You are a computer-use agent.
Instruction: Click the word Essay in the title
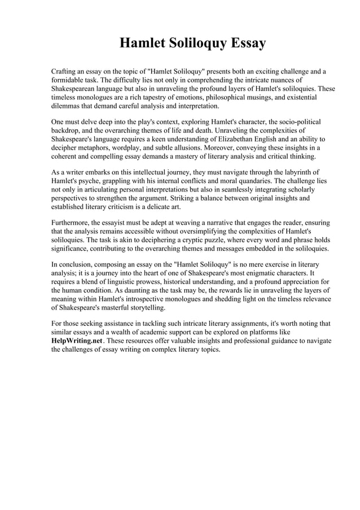pyautogui.click(x=244, y=43)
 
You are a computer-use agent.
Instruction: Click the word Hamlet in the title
pyautogui.click(x=143, y=43)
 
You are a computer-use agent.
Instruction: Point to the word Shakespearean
pyautogui.click(x=76, y=89)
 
